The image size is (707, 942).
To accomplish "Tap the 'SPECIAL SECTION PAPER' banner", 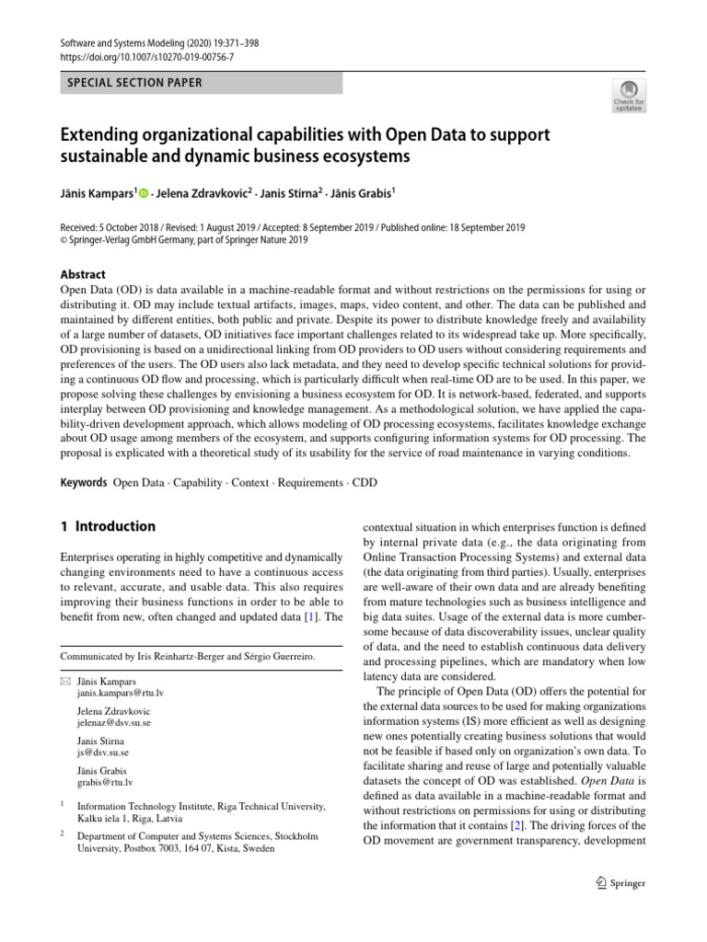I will (x=135, y=83).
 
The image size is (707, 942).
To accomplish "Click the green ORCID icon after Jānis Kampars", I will (x=144, y=193).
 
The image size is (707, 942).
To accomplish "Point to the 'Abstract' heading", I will (x=83, y=274).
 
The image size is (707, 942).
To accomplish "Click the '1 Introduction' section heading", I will (x=108, y=527).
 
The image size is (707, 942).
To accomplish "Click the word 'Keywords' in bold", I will (x=83, y=482).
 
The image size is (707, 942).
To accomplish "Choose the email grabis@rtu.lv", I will (x=106, y=782).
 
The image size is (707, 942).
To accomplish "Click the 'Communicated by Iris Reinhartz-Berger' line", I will (x=187, y=656).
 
